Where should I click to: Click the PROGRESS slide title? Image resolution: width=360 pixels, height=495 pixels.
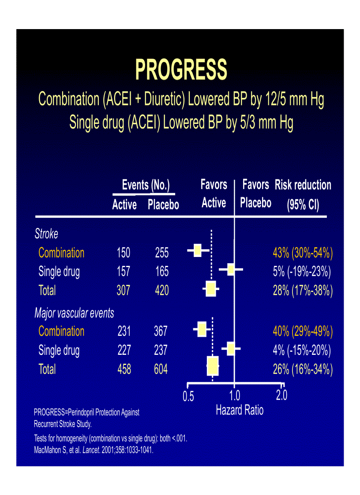(181, 70)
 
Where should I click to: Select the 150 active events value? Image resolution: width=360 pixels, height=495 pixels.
(124, 253)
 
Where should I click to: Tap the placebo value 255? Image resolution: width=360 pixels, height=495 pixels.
(162, 253)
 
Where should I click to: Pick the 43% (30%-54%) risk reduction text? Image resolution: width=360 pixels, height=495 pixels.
(303, 253)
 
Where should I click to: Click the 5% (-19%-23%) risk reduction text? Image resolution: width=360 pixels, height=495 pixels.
(302, 272)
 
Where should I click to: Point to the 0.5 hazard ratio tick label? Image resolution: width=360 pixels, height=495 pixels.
(188, 396)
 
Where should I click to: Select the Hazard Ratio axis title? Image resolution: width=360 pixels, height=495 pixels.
(240, 410)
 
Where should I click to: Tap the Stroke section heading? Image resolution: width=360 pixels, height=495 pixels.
(46, 234)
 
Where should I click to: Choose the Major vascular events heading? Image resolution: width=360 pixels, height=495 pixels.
(74, 313)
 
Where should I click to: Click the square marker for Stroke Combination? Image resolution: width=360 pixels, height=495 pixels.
(197, 251)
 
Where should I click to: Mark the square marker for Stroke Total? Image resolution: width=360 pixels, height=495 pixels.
(211, 289)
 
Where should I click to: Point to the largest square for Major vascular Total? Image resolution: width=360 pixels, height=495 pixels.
(213, 366)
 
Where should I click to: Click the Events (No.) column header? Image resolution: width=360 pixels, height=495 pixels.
(146, 185)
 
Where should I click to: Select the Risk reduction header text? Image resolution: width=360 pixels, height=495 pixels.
(303, 185)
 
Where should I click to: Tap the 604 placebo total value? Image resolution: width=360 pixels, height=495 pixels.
(161, 369)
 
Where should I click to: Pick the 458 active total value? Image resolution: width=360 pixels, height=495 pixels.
(124, 369)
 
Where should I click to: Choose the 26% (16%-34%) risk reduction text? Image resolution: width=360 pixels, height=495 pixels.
(303, 369)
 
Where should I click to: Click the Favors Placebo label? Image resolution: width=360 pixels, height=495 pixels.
(255, 194)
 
